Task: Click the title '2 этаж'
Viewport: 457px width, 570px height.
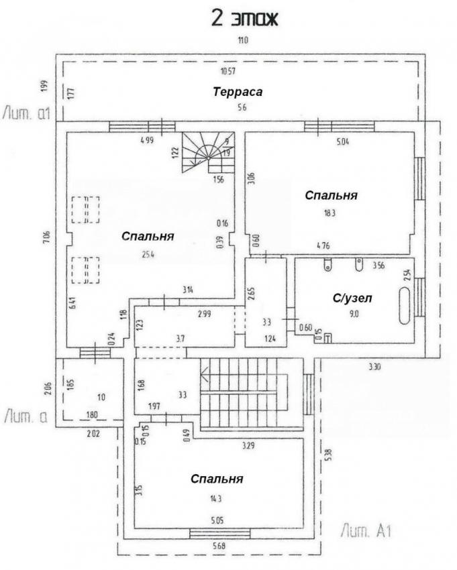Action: [x=244, y=17]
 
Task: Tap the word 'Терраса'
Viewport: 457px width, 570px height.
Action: [x=238, y=92]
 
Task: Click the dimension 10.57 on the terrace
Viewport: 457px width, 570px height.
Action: [x=229, y=70]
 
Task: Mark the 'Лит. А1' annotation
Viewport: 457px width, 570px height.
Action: [x=365, y=532]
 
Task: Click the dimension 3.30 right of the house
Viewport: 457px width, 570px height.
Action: [x=374, y=367]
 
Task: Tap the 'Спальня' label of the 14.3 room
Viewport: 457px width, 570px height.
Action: [x=216, y=479]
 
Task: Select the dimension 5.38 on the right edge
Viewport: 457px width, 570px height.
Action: [x=327, y=455]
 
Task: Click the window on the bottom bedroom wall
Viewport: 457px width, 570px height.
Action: [x=219, y=534]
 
